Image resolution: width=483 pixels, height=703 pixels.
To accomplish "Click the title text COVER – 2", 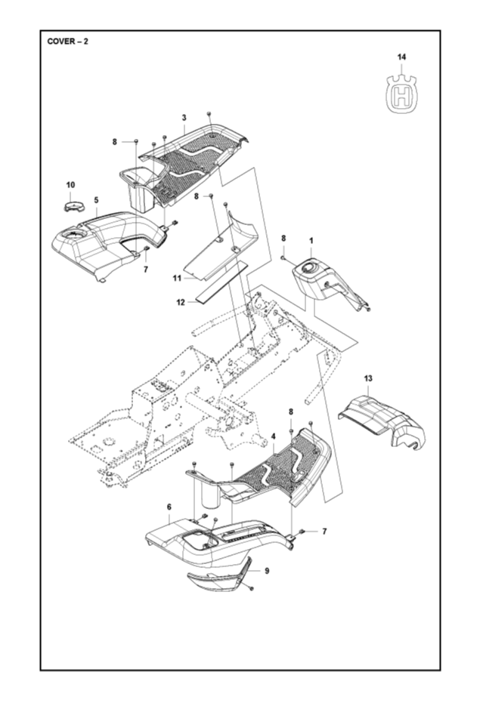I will coord(67,41).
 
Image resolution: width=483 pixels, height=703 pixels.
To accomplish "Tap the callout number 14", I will coord(401,57).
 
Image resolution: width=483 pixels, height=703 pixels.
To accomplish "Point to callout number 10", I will coord(70,184).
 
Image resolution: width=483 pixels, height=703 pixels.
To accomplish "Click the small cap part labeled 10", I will coord(71,205).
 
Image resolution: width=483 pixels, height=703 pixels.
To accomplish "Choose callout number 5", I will coord(96,199).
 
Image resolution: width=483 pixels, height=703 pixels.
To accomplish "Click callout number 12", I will coord(180,301).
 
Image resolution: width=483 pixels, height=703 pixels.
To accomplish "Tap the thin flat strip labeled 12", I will coord(219,282).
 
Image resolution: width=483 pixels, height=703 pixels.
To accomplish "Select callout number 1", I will coord(310,240).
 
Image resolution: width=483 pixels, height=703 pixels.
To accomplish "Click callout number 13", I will coord(368,377).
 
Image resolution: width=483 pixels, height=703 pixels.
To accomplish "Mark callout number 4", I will coord(273,436).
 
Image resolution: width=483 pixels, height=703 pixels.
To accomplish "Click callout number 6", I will coord(169,507).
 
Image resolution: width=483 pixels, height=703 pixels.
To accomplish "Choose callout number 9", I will coord(266,570).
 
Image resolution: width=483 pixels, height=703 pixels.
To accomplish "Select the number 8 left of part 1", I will coord(283,239).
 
